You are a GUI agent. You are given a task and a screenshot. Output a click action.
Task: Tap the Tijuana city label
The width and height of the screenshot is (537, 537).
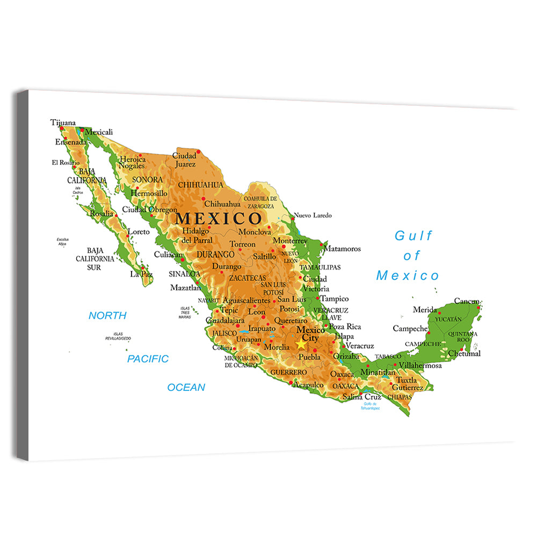63,122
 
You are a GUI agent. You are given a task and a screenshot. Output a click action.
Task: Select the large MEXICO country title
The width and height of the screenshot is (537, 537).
219,219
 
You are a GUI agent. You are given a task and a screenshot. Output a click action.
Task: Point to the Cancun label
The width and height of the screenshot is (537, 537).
467,301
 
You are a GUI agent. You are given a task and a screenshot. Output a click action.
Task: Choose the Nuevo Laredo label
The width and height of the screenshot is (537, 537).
312,215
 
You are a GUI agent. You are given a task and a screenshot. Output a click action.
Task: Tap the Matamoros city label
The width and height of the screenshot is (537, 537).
342,249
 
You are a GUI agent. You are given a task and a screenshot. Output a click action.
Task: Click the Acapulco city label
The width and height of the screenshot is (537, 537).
308,384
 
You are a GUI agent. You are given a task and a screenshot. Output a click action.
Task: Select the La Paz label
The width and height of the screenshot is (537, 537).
141,274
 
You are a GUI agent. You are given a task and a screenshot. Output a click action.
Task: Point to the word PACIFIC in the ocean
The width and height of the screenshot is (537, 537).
148,359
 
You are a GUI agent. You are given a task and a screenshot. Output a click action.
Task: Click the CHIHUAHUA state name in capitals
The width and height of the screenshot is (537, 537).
200,185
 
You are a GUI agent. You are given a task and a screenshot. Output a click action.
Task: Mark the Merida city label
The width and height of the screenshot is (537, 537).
425,310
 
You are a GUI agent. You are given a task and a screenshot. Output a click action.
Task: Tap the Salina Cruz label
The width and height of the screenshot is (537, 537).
361,397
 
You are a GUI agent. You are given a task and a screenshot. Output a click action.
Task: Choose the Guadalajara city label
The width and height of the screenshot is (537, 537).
225,320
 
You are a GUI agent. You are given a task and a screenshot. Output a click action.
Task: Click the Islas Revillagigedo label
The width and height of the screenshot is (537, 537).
118,337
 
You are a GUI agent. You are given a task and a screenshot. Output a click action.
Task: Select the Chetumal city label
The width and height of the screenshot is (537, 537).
464,353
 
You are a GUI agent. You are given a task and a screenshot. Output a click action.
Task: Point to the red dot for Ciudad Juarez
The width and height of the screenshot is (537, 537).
198,151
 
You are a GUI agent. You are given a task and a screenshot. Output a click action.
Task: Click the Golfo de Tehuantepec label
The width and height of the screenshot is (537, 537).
372,406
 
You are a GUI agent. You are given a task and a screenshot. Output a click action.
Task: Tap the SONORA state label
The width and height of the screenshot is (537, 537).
147,179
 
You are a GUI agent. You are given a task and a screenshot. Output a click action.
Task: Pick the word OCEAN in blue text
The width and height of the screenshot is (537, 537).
186,387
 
